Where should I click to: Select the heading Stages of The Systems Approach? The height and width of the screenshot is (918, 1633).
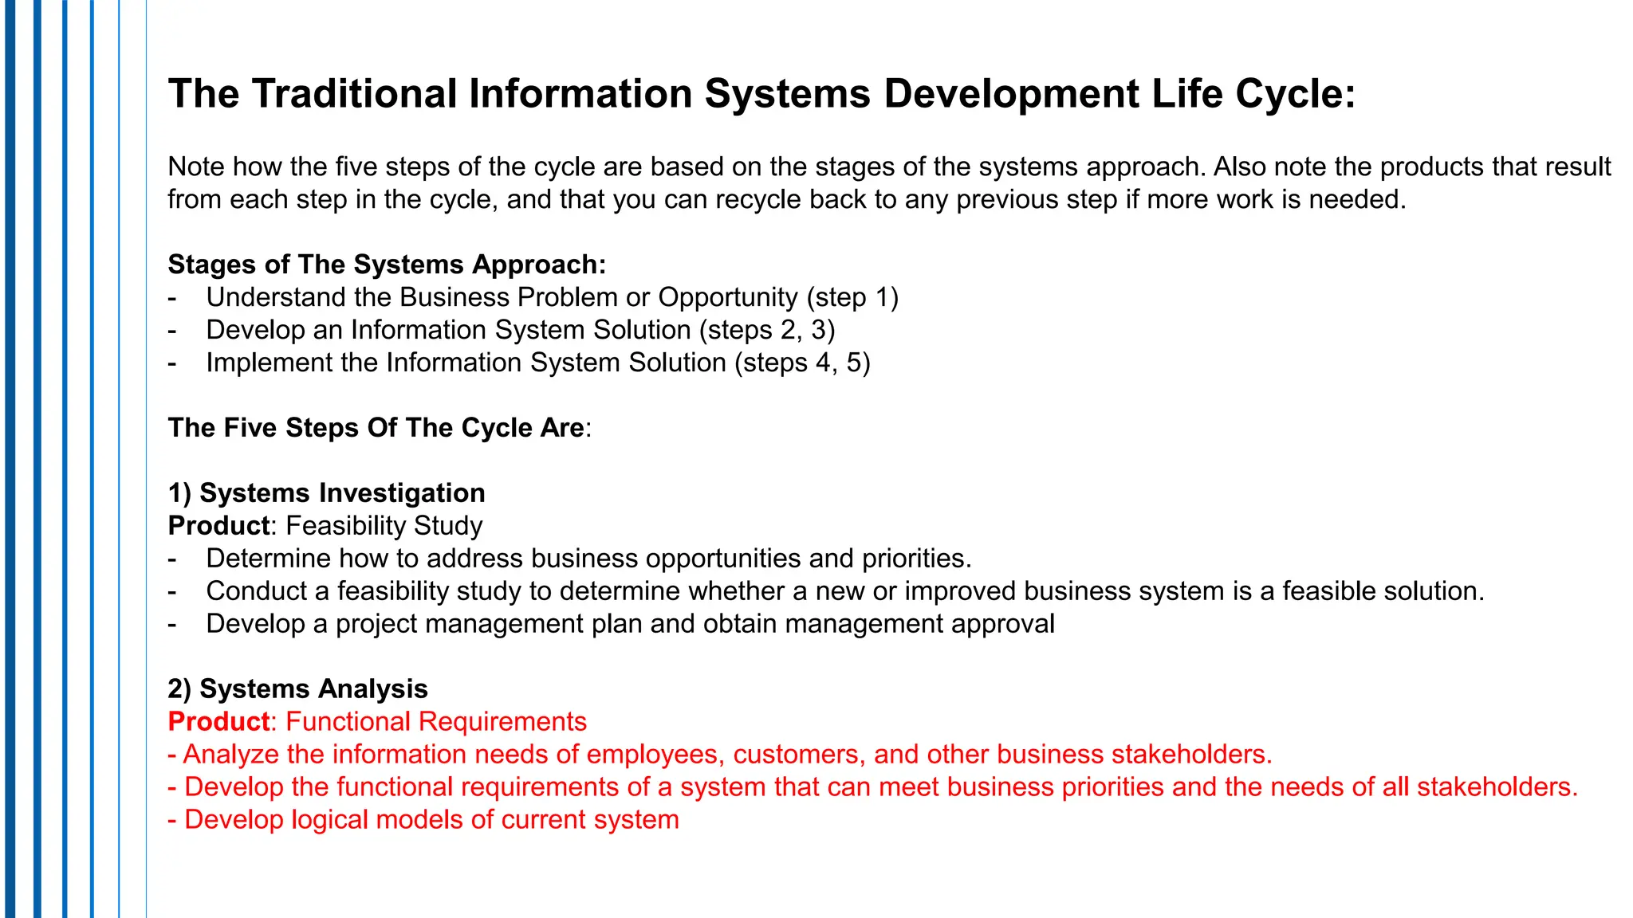point(387,265)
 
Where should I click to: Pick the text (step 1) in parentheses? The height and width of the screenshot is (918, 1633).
point(852,297)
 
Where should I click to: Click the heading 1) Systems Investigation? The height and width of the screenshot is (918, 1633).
point(326,493)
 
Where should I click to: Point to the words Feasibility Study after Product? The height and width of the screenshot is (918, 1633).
point(384,526)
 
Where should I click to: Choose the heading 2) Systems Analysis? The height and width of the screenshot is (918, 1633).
point(297,689)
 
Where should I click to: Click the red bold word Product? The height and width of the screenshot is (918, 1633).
point(218,722)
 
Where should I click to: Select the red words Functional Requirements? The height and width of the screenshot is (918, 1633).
point(436,722)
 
